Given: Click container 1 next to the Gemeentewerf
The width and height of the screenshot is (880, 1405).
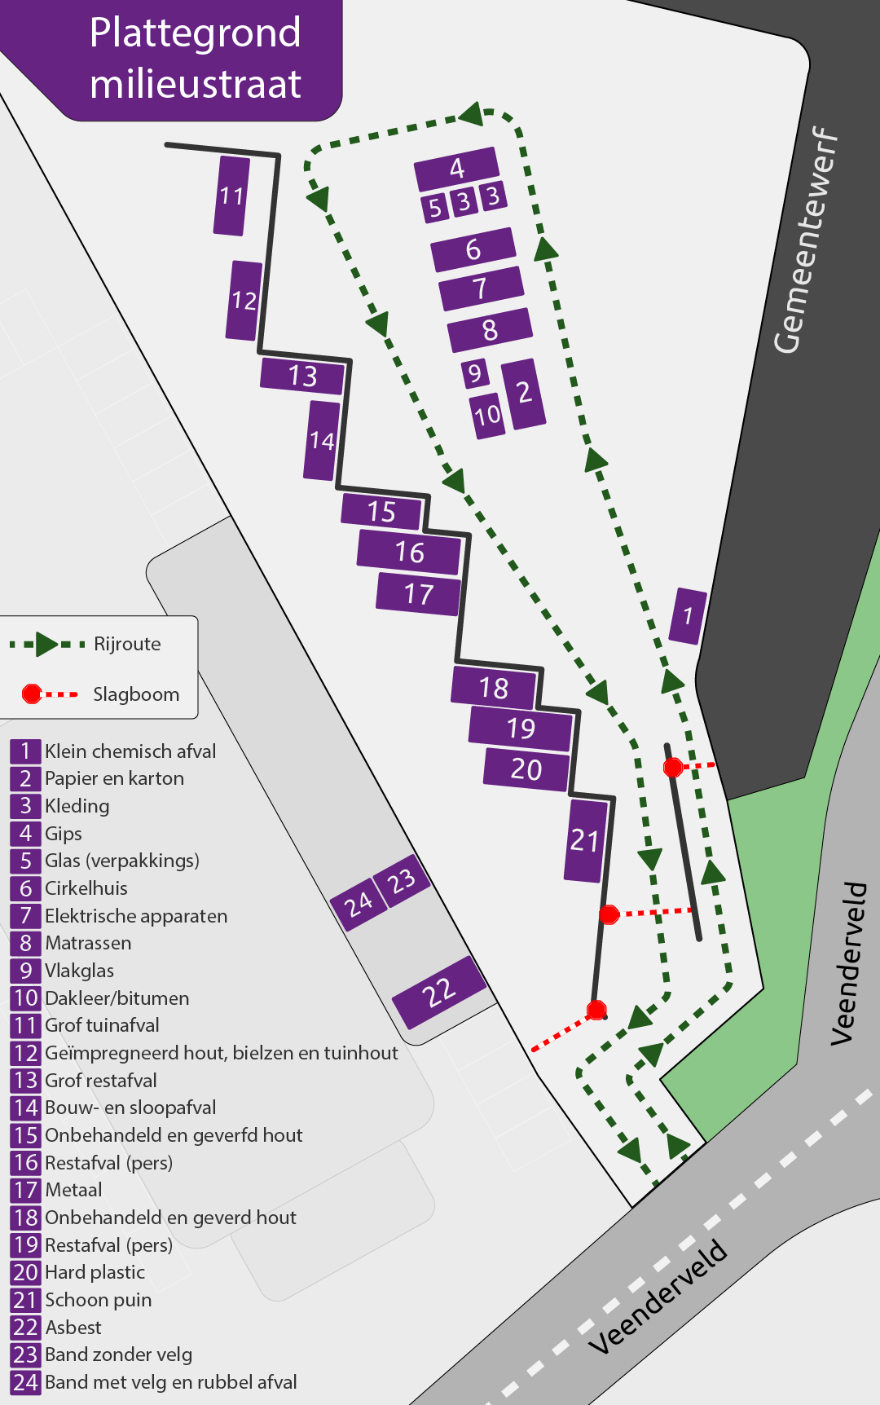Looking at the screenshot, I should pyautogui.click(x=688, y=616).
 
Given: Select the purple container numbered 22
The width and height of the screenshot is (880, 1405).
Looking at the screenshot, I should pyautogui.click(x=438, y=993).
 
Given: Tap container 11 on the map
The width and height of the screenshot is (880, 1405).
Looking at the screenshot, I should pyautogui.click(x=231, y=196).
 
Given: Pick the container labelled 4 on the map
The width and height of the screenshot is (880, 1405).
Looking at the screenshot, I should pyautogui.click(x=456, y=169).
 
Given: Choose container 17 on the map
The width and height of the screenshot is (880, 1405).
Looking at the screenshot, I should pyautogui.click(x=419, y=594).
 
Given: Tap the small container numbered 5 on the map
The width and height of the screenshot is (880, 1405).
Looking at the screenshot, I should pyautogui.click(x=434, y=208).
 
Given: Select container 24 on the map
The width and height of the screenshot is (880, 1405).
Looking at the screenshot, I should pyautogui.click(x=358, y=903).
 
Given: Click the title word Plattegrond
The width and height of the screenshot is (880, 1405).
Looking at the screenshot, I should pyautogui.click(x=196, y=33).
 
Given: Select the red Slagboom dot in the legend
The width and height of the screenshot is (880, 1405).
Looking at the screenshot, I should pyautogui.click(x=32, y=694).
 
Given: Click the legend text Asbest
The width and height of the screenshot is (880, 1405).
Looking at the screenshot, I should pyautogui.click(x=73, y=1328).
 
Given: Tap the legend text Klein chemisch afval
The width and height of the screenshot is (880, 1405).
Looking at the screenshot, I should pyautogui.click(x=130, y=751).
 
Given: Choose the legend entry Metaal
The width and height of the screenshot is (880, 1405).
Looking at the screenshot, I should pyautogui.click(x=73, y=1190).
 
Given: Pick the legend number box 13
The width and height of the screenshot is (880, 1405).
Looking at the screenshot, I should pyautogui.click(x=25, y=1081).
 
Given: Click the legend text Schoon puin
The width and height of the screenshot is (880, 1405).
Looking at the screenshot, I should pyautogui.click(x=98, y=1300).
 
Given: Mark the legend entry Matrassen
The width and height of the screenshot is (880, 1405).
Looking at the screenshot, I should pyautogui.click(x=88, y=943).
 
